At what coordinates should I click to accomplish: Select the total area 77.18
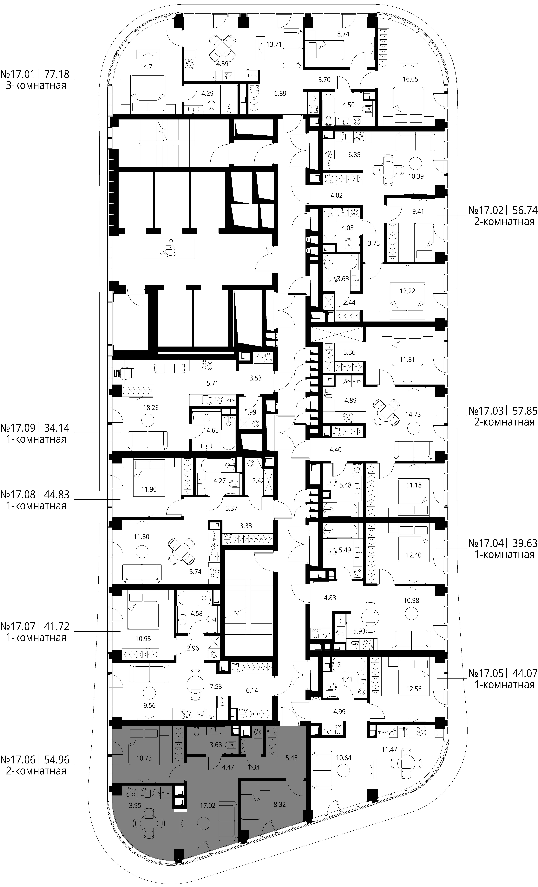point(57,74)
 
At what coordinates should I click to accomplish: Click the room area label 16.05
point(410,79)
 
